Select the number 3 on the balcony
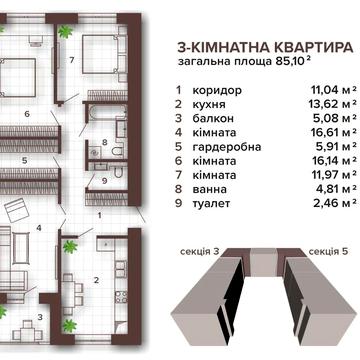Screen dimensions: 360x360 pos(39,318)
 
